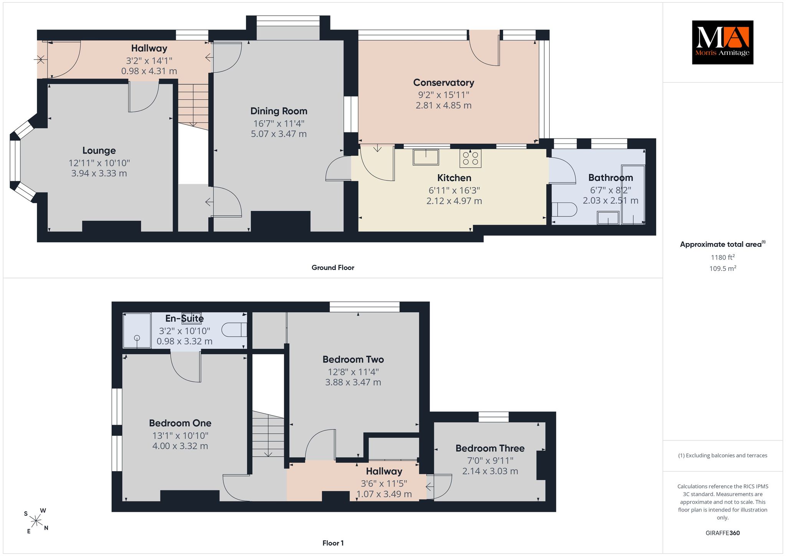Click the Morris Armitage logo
(722, 42)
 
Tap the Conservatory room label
(444, 83)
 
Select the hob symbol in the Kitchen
(471, 158)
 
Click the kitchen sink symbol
(426, 157)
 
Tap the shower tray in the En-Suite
(137, 331)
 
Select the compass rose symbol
(36, 521)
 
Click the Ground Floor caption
(333, 268)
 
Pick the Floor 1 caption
(333, 543)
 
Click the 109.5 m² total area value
(723, 268)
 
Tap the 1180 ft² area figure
(723, 257)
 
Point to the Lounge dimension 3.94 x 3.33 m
(99, 173)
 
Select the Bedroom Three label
(490, 448)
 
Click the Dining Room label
(279, 111)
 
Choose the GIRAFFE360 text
(723, 533)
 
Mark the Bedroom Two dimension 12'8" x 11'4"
(353, 372)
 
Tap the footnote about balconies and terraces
(723, 455)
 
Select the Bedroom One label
(180, 423)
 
